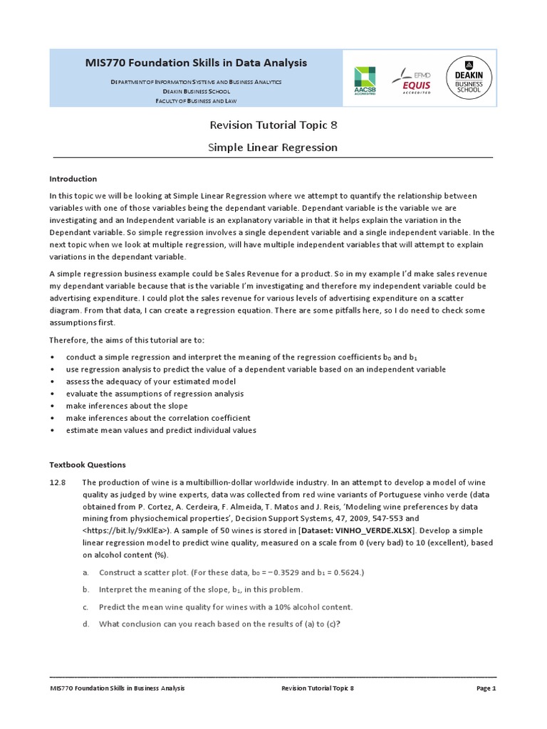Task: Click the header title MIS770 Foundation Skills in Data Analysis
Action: [196, 63]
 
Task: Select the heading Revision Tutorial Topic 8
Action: [273, 125]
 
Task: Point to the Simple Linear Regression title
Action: [273, 147]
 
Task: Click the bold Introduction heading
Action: [73, 179]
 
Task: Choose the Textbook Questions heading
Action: [87, 464]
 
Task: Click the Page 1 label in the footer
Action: [486, 688]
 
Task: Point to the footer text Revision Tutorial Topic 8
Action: [318, 688]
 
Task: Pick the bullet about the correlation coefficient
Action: [158, 418]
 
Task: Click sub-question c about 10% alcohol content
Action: [224, 607]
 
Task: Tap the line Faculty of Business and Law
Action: [196, 101]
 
